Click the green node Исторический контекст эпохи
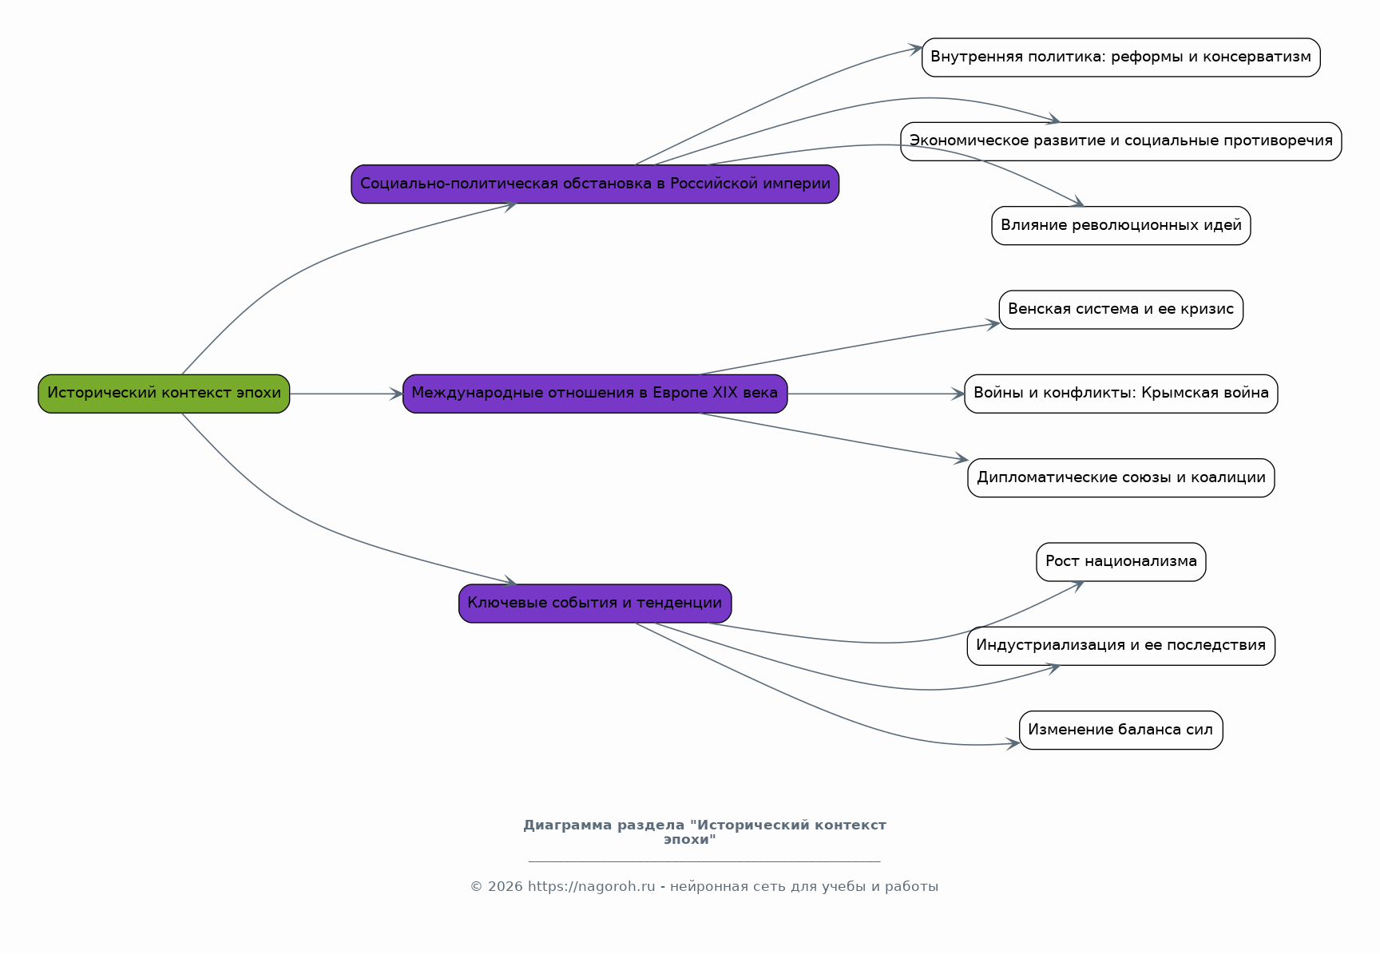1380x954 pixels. (x=164, y=394)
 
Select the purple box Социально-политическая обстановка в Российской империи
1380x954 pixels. (x=595, y=184)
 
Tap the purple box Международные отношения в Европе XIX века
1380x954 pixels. (x=595, y=394)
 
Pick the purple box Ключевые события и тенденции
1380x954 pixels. (x=595, y=604)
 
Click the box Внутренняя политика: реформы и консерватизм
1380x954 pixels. (x=1121, y=57)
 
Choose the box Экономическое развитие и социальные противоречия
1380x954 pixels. (x=1121, y=141)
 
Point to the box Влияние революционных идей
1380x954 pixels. (x=1121, y=226)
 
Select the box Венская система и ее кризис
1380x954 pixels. (x=1121, y=310)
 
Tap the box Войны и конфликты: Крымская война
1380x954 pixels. (x=1121, y=394)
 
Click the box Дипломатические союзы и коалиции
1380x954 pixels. (x=1121, y=478)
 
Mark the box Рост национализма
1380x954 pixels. (x=1121, y=562)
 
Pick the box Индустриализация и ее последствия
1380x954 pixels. (x=1121, y=646)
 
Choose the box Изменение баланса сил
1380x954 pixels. (x=1121, y=730)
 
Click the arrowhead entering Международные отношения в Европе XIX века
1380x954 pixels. (x=397, y=394)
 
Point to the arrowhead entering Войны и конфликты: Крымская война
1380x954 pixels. (x=958, y=394)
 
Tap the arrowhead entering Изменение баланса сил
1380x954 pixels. (x=1013, y=744)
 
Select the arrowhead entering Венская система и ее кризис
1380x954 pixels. (x=993, y=324)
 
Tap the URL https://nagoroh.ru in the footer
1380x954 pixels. (x=591, y=887)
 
